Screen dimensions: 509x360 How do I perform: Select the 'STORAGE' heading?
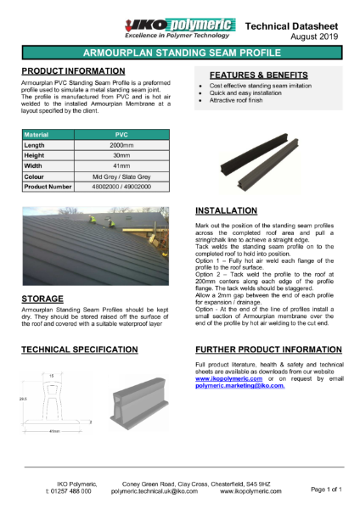click(x=46, y=299)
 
